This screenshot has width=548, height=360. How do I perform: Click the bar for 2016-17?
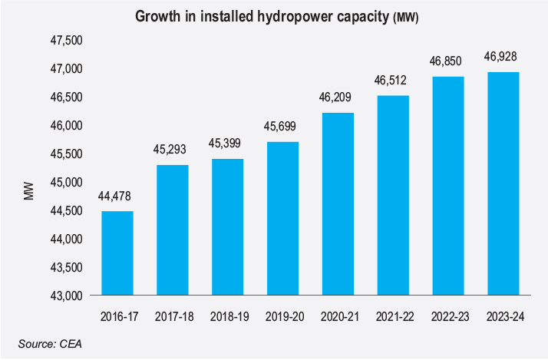coord(117,253)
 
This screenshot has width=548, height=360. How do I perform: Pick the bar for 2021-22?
coord(393,196)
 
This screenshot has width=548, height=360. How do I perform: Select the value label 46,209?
coord(338,98)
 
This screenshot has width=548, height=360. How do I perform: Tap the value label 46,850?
coord(448,62)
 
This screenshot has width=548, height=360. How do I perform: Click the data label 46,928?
coord(503,58)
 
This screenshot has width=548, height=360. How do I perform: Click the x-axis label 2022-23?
coord(448,315)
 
